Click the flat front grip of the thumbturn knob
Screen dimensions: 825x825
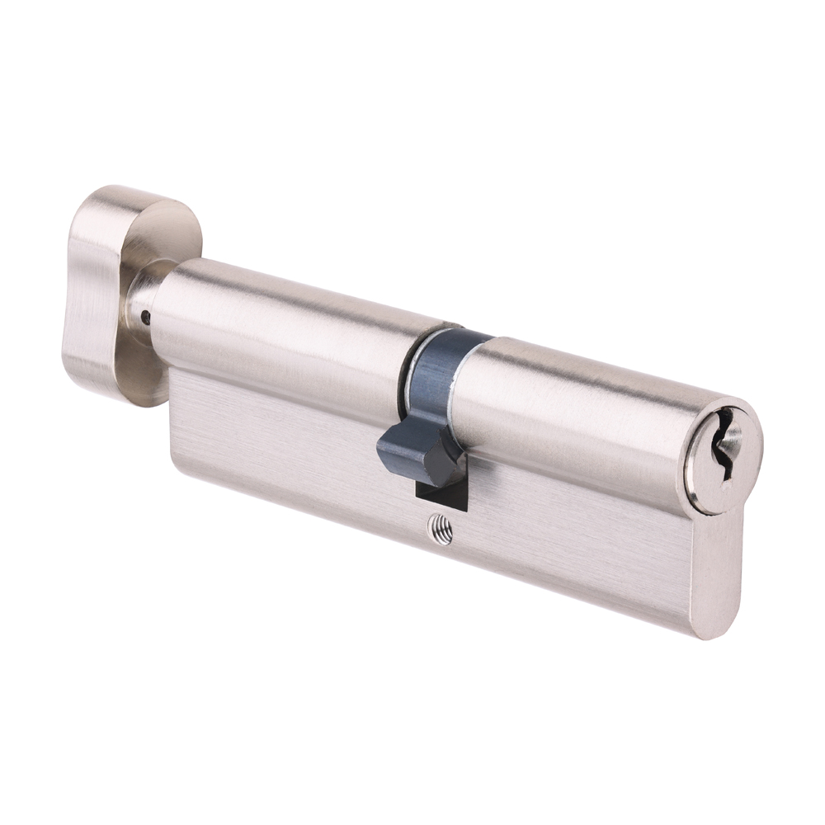coord(87,297)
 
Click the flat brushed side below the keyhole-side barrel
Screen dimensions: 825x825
coord(577,544)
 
